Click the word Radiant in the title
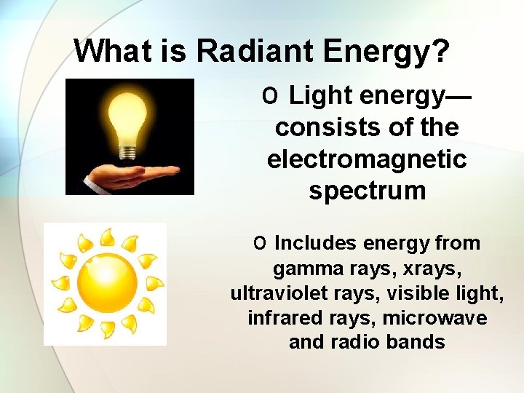(255, 51)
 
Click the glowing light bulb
(128, 116)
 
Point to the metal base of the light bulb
(129, 152)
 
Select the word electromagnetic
(367, 159)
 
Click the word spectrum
(367, 191)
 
